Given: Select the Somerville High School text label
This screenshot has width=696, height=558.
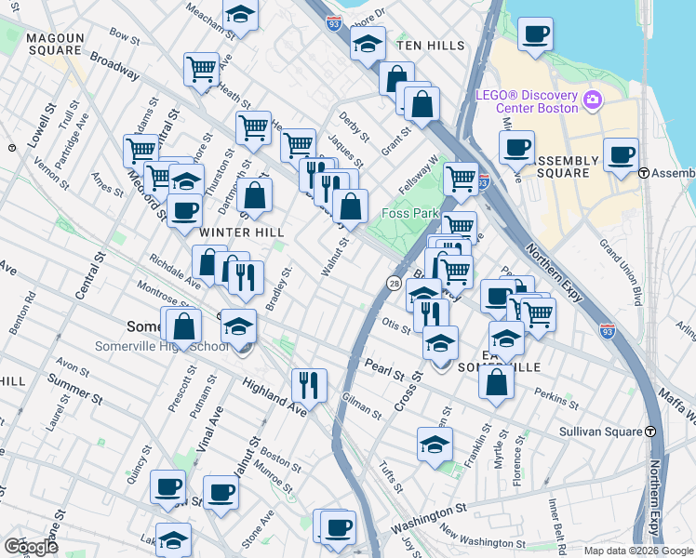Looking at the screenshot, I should pyautogui.click(x=161, y=347).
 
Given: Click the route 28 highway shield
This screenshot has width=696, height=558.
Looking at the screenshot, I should pyautogui.click(x=394, y=281).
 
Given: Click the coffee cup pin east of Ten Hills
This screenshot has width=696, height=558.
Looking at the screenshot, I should pyautogui.click(x=535, y=34).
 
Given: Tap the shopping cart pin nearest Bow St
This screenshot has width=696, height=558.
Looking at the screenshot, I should pyautogui.click(x=201, y=68).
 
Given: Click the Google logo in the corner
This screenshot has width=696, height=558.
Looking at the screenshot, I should pyautogui.click(x=31, y=546).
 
